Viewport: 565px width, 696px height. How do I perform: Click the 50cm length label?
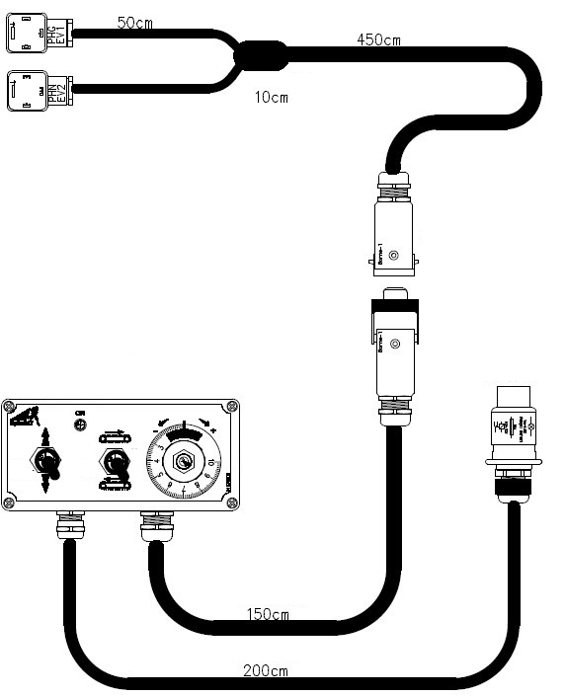tap(134, 21)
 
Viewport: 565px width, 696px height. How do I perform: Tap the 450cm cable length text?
tap(379, 39)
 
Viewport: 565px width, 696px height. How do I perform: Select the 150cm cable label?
tap(267, 615)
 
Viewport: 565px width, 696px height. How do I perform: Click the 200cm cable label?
tap(266, 670)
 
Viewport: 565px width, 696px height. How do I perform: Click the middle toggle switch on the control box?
tap(117, 462)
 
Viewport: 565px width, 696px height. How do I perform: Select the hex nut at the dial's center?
tap(183, 461)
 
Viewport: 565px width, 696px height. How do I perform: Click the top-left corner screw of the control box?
tap(9, 406)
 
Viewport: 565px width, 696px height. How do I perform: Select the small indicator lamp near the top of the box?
tap(80, 425)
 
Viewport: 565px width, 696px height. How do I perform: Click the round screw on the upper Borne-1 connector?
tap(394, 259)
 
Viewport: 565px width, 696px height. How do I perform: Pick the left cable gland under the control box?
tap(69, 525)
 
